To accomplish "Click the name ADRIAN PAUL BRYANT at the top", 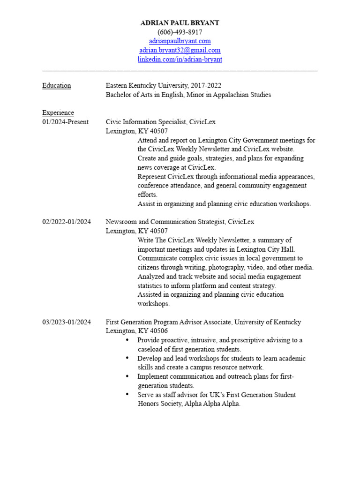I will [180, 23].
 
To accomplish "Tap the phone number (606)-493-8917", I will [180, 32].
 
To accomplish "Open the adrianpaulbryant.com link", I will [180, 41].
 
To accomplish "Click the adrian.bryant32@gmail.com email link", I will [180, 50].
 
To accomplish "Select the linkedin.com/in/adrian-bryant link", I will [180, 60].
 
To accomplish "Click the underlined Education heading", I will [57, 86].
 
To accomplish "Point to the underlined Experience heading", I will [58, 113].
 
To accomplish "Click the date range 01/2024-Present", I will [66, 122].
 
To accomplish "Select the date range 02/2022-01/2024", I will [67, 222].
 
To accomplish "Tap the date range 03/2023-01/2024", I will [67, 322].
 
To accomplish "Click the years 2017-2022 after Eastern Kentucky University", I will [206, 86].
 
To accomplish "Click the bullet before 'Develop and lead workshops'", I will [127, 359].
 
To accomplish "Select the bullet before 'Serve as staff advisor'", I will [127, 395].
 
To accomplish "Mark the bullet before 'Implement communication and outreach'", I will [127, 376].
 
